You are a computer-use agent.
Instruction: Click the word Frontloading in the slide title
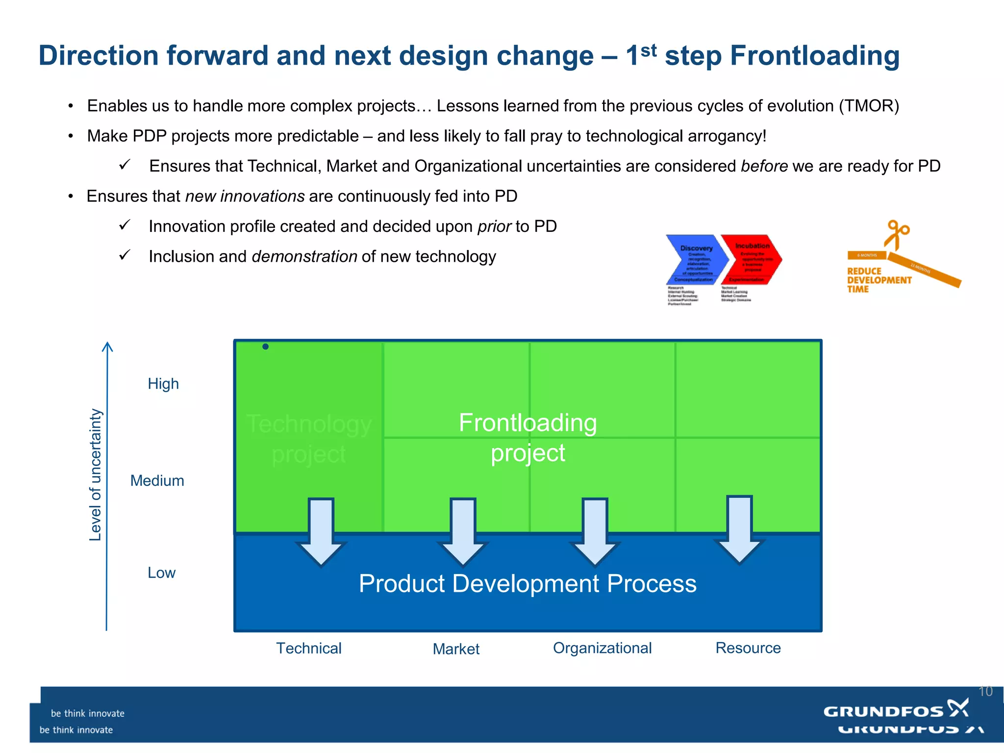(x=814, y=56)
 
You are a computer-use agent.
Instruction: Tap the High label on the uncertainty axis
(x=163, y=383)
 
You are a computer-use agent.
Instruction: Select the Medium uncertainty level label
(x=157, y=480)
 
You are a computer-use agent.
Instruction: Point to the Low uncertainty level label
(x=161, y=573)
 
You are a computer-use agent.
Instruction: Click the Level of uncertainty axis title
(x=95, y=475)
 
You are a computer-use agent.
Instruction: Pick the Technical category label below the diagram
(x=309, y=648)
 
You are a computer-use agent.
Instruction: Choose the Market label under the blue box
(x=456, y=649)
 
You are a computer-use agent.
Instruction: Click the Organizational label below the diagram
(x=602, y=648)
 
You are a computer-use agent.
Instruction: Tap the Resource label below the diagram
(x=748, y=648)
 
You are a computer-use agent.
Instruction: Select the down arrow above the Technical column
(x=321, y=532)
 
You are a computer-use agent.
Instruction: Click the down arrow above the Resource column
(x=739, y=529)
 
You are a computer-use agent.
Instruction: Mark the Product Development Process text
(x=527, y=583)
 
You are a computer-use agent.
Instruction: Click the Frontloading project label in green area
(x=527, y=437)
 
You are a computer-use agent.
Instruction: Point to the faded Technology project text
(x=309, y=439)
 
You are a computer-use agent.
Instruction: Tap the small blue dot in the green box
(x=265, y=347)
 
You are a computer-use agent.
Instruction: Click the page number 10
(x=985, y=691)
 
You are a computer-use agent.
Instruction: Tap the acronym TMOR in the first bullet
(x=869, y=106)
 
